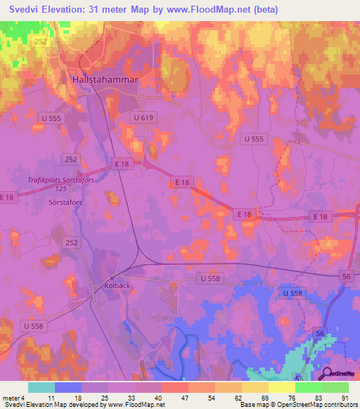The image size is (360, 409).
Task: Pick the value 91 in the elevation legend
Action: tap(345, 397)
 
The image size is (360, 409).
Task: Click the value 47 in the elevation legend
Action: tap(184, 397)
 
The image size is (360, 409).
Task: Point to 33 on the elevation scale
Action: tap(130, 397)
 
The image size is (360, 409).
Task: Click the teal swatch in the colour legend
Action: tap(41, 387)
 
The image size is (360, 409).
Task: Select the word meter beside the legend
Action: tap(10, 397)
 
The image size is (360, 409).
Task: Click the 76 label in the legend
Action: tap(291, 397)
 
